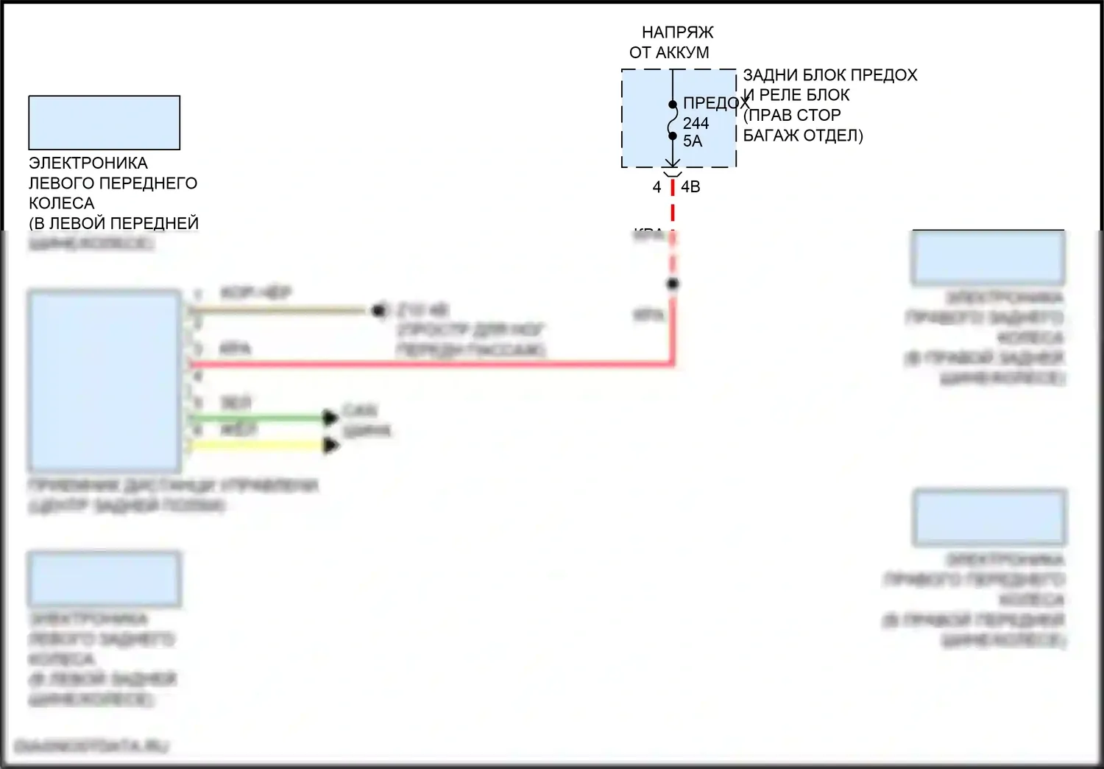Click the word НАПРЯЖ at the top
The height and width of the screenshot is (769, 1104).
[677, 32]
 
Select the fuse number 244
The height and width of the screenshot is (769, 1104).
[696, 123]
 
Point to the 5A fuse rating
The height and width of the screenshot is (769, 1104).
[693, 141]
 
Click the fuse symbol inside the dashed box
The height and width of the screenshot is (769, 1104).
[672, 120]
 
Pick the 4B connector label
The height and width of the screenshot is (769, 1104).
[690, 187]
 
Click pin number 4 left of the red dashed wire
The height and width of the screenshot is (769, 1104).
[657, 188]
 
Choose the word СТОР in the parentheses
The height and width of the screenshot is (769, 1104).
[817, 115]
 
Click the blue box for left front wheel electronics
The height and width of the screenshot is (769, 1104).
[104, 122]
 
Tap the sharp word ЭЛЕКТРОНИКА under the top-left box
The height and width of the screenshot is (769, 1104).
[88, 163]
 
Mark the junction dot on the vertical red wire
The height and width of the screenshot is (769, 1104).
[672, 284]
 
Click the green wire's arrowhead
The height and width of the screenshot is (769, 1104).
[330, 418]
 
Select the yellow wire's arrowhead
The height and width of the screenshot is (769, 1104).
[331, 445]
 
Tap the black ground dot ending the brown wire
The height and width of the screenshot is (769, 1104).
[379, 311]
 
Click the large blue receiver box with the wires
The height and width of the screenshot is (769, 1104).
[104, 379]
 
